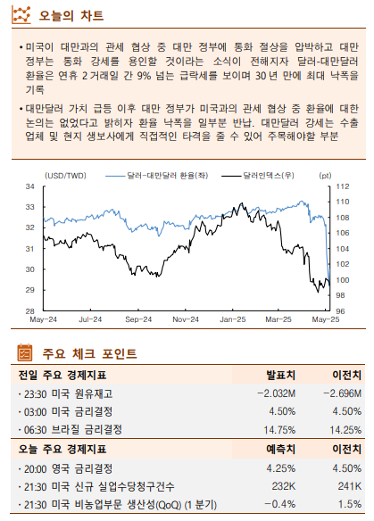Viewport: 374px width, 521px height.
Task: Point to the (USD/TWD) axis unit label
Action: [64, 176]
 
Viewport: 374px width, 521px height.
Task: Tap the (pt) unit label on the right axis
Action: [324, 176]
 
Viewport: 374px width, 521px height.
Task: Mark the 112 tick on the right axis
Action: [342, 186]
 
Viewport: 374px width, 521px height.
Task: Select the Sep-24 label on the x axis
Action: [138, 318]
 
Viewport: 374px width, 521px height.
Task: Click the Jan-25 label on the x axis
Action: [233, 318]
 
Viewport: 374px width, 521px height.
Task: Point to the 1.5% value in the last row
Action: [350, 504]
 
